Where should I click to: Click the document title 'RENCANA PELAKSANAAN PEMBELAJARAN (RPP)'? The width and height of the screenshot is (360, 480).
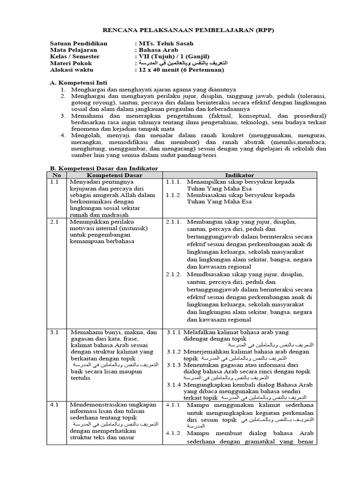pos(180,30)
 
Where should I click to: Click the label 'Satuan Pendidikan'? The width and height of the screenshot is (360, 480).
pos(78,43)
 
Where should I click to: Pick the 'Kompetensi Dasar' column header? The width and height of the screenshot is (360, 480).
pos(114,174)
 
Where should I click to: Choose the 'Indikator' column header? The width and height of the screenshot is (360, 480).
pos(239,174)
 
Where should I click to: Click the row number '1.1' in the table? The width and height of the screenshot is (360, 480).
pos(54,181)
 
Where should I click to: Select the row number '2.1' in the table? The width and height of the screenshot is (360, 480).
pos(54,221)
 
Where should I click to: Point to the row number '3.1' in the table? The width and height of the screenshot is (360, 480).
pos(54,332)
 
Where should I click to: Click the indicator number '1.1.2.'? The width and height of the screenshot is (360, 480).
pos(174,195)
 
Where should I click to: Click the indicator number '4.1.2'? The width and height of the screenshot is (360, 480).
pos(173,434)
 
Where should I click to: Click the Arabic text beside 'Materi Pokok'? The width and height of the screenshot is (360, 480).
pos(186,63)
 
